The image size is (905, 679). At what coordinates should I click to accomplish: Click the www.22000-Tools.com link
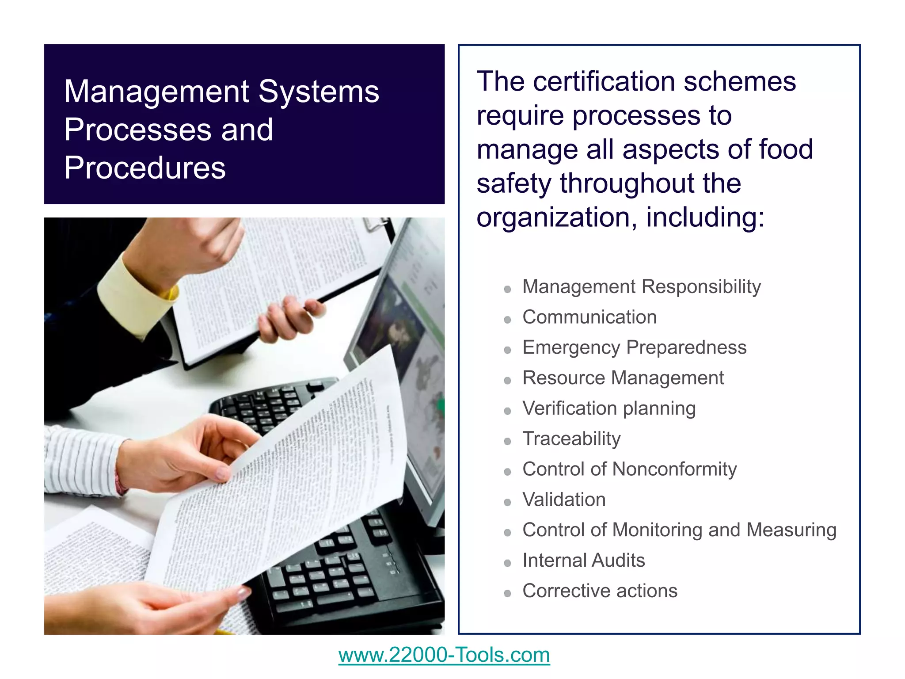[444, 655]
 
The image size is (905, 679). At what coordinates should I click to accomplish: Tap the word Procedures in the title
[145, 168]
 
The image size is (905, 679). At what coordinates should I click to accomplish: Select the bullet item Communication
[589, 317]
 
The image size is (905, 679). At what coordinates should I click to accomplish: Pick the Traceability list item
[571, 439]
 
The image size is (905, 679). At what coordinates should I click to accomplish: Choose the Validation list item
[564, 500]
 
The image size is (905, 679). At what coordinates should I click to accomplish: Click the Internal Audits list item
[583, 560]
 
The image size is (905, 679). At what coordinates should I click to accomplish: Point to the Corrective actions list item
[600, 591]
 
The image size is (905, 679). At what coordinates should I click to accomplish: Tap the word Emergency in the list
[571, 348]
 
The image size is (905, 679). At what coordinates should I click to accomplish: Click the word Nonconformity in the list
[675, 469]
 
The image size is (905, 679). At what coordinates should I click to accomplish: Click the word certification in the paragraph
[604, 82]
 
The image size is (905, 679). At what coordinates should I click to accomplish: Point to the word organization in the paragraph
[556, 217]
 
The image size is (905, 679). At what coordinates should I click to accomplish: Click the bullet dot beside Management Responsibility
[508, 290]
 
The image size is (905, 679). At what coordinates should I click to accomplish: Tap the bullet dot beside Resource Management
[508, 381]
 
